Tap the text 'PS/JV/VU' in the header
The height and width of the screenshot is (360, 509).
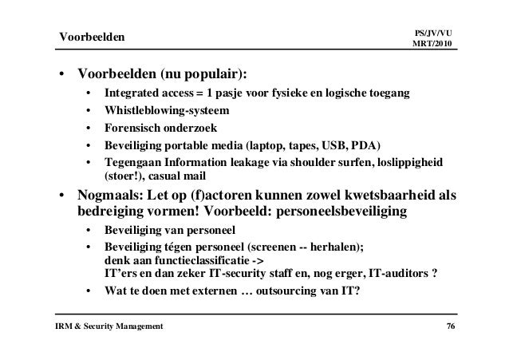[434, 30]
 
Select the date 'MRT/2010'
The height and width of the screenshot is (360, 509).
[434, 42]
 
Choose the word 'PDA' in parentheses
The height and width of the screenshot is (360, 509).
[366, 145]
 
